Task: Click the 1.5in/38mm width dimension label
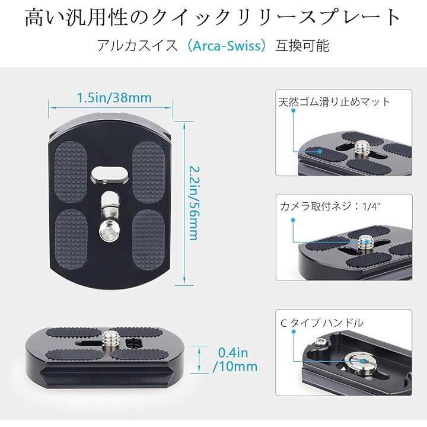114,98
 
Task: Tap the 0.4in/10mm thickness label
235,359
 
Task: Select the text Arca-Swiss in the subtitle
227,46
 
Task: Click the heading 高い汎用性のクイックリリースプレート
213,18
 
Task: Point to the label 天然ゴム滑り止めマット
334,102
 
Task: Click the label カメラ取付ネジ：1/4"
330,206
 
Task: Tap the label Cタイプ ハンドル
321,323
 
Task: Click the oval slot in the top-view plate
110,174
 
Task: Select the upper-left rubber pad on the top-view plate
71,172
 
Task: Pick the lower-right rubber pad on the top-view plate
149,240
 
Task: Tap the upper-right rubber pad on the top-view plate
149,172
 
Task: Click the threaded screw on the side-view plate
111,339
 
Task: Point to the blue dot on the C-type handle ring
363,361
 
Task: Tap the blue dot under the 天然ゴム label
294,110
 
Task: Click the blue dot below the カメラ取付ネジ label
293,220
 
